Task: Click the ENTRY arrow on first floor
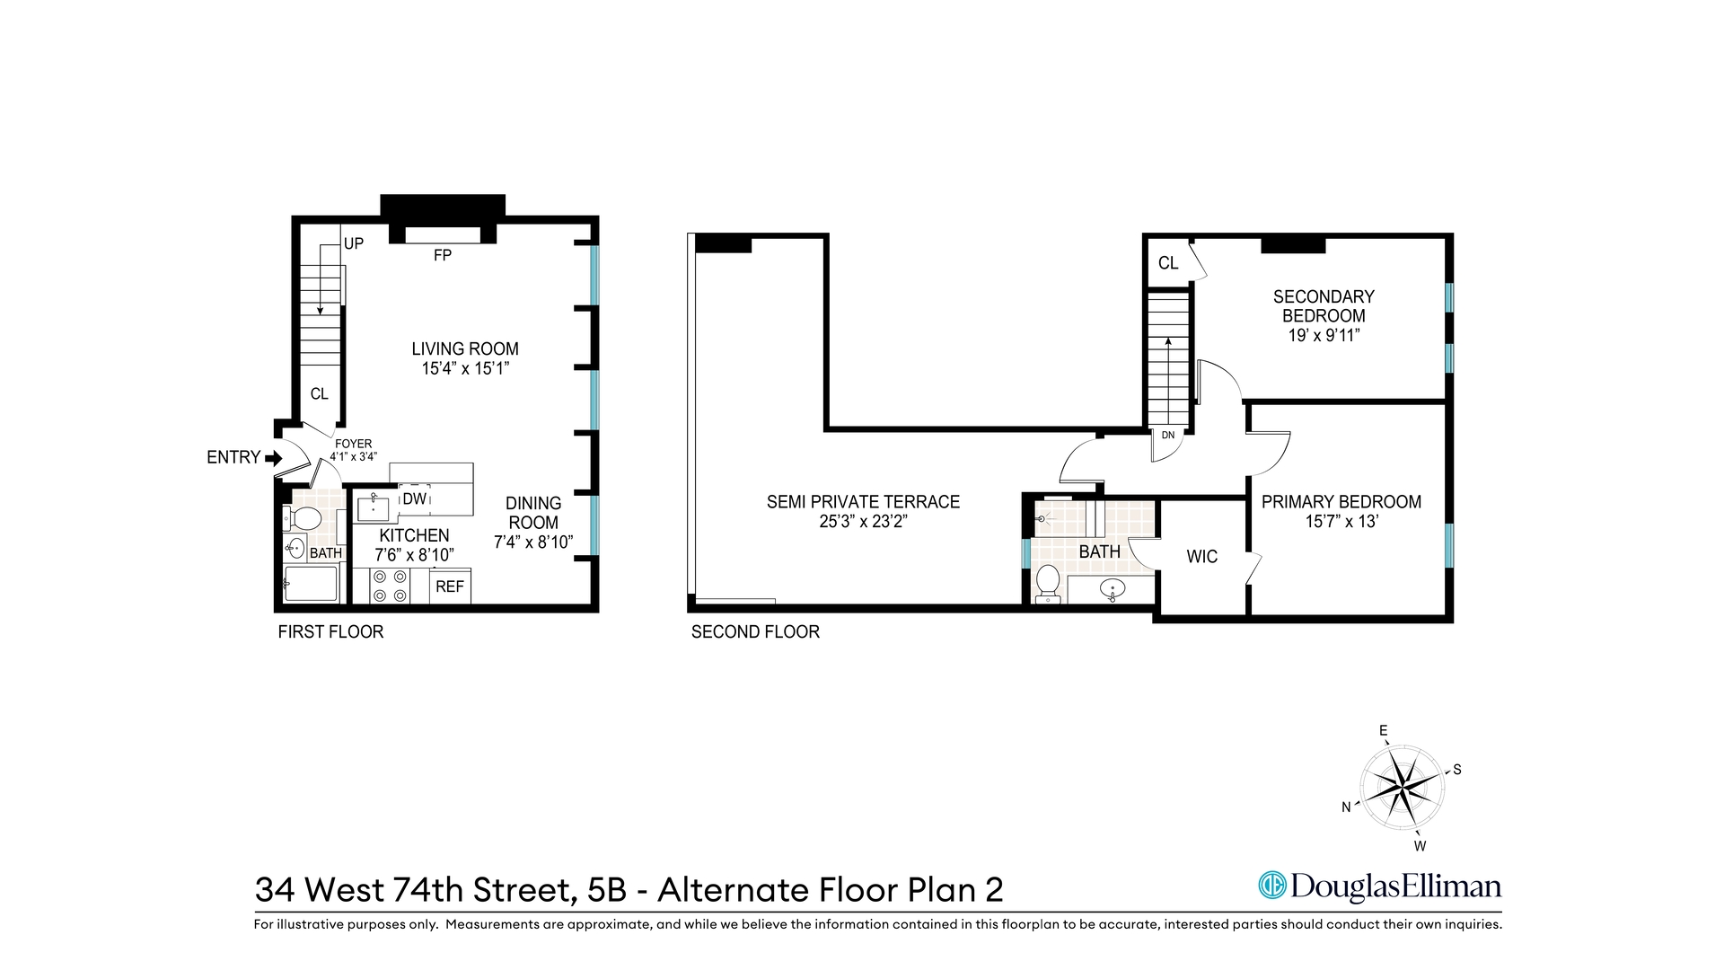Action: click(273, 458)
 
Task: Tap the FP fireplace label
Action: click(442, 256)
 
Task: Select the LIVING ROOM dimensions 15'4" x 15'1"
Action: click(465, 368)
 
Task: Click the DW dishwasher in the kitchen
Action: click(414, 498)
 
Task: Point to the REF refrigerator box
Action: click(450, 586)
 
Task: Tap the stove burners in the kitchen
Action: click(390, 586)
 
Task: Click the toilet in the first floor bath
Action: click(303, 518)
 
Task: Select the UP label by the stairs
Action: click(354, 243)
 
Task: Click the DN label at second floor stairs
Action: click(1168, 436)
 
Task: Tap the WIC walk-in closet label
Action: click(1201, 557)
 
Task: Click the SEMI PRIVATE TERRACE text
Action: click(863, 502)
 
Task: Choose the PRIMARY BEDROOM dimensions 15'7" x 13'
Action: click(1341, 522)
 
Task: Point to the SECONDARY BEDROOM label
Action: click(1324, 305)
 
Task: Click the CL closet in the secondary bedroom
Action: click(1167, 263)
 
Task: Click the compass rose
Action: click(1402, 788)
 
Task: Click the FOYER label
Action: click(353, 444)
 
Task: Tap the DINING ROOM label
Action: click(533, 513)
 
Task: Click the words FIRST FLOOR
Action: click(330, 632)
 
